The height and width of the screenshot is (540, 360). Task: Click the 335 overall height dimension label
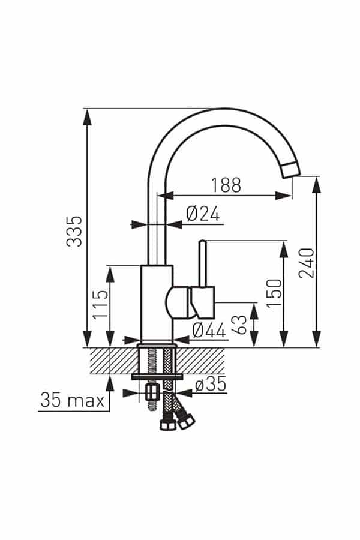pyautogui.click(x=74, y=231)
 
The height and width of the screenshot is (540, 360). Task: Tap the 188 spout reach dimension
pyautogui.click(x=226, y=185)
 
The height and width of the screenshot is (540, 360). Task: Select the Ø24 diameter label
pyautogui.click(x=203, y=214)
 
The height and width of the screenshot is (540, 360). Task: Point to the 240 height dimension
pyautogui.click(x=307, y=263)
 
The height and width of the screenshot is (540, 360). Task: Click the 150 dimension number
pyautogui.click(x=275, y=293)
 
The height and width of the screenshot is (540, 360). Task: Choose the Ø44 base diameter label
pyautogui.click(x=209, y=330)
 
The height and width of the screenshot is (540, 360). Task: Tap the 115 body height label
pyautogui.click(x=100, y=305)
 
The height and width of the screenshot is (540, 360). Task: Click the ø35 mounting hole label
pyautogui.click(x=211, y=385)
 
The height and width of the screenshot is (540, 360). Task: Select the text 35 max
pyautogui.click(x=73, y=400)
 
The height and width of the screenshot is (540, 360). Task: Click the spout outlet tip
pyautogui.click(x=292, y=170)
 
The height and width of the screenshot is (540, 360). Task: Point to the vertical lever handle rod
pyautogui.click(x=203, y=263)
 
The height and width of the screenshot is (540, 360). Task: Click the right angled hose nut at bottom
pyautogui.click(x=187, y=421)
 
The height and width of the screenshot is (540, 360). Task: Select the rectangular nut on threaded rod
pyautogui.click(x=151, y=392)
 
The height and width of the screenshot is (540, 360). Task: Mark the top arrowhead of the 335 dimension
pyautogui.click(x=88, y=117)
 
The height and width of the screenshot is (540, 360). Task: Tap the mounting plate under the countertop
pyautogui.click(x=157, y=377)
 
